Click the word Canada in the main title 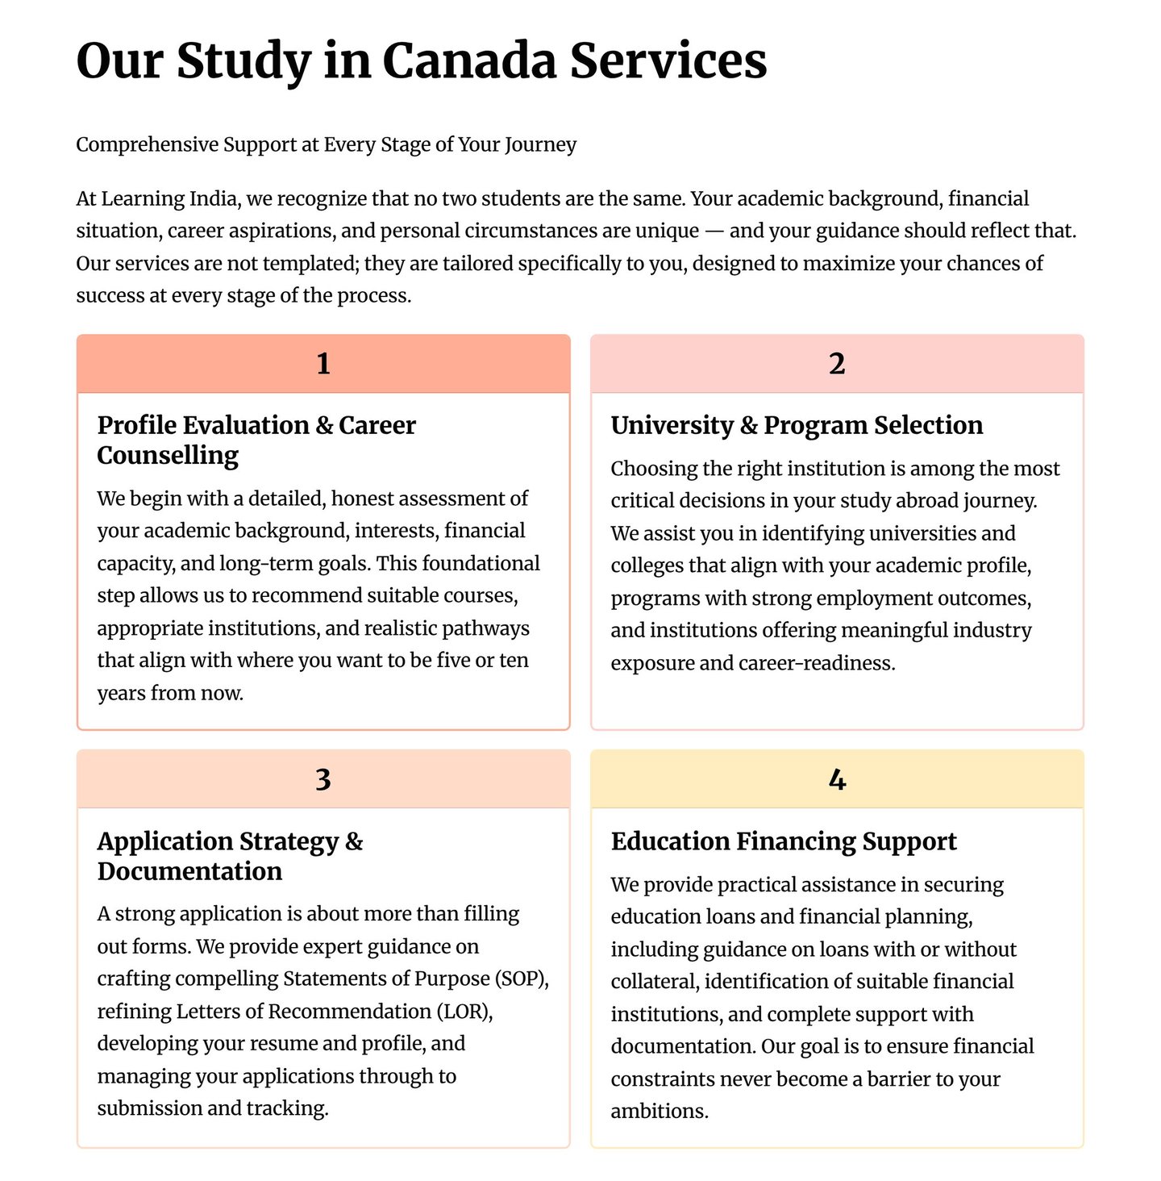pyautogui.click(x=468, y=61)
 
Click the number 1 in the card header pyautogui.click(x=323, y=364)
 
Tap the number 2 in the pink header pyautogui.click(x=837, y=364)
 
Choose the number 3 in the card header pyautogui.click(x=323, y=779)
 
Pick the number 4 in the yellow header pyautogui.click(x=837, y=779)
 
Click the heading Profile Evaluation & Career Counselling pyautogui.click(x=256, y=440)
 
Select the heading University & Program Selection pyautogui.click(x=797, y=425)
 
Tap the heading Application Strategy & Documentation pyautogui.click(x=230, y=856)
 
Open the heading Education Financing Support pyautogui.click(x=784, y=841)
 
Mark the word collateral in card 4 pyautogui.click(x=655, y=982)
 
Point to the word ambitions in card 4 pyautogui.click(x=658, y=1112)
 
